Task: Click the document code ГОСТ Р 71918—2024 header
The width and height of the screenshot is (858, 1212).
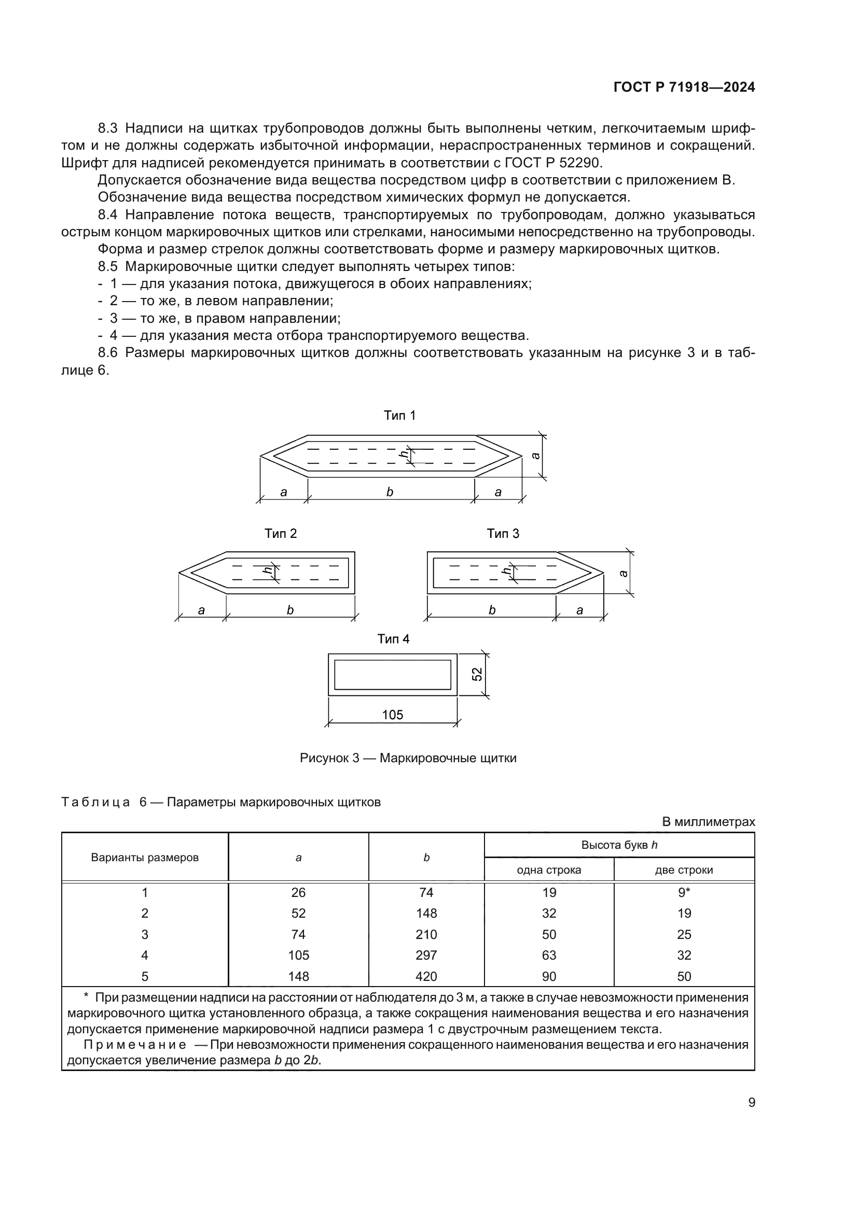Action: click(x=684, y=88)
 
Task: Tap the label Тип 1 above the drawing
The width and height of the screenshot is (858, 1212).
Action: click(x=399, y=416)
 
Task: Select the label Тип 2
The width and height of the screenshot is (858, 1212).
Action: click(x=281, y=534)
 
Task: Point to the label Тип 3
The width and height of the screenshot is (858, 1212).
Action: click(x=503, y=534)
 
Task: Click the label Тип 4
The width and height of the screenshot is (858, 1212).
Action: click(x=393, y=639)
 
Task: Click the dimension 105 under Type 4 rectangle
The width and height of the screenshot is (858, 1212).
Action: click(x=393, y=715)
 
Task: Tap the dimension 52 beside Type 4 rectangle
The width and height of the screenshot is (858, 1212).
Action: click(x=477, y=675)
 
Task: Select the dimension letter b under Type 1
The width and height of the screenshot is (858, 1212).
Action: click(x=390, y=492)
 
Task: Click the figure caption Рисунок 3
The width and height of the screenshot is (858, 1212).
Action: click(x=408, y=758)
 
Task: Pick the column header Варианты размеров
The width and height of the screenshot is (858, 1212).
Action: click(x=145, y=858)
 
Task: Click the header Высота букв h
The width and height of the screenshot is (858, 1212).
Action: click(x=619, y=845)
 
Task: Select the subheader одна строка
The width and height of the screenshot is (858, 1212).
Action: click(x=549, y=870)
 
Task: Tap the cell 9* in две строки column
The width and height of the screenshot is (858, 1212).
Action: click(x=684, y=893)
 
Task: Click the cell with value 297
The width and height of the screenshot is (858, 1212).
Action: click(x=426, y=955)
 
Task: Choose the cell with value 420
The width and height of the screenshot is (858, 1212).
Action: click(x=426, y=976)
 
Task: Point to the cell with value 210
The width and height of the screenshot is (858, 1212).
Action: click(x=426, y=934)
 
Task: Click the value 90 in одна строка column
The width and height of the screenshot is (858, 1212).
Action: click(x=549, y=976)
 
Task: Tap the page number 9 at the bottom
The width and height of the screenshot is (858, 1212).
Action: click(x=751, y=1103)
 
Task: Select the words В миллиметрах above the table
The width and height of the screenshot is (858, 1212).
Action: click(x=709, y=822)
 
